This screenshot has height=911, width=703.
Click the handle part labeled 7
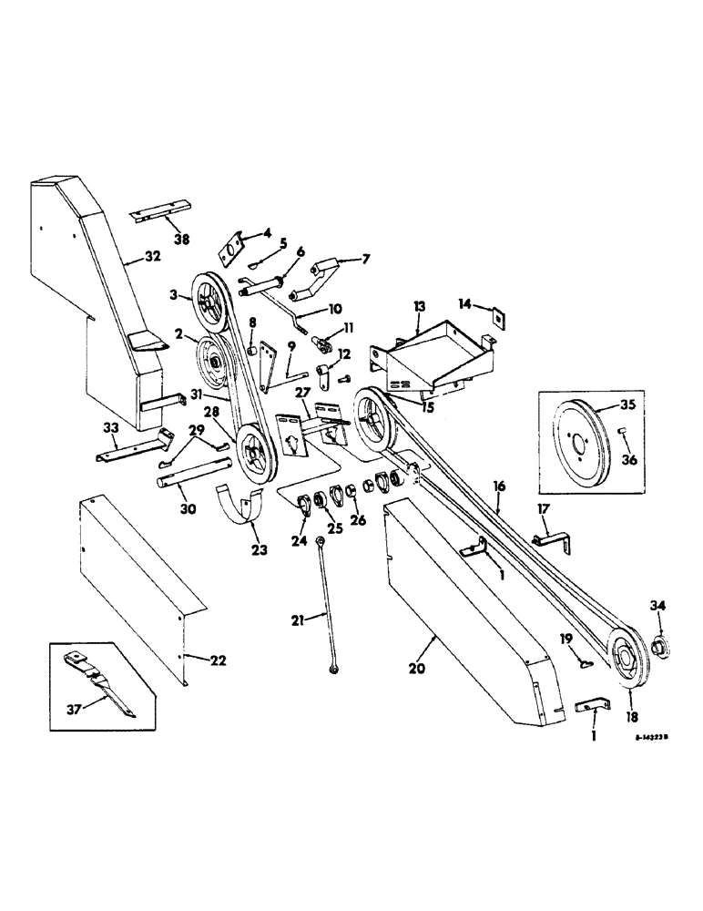325,270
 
